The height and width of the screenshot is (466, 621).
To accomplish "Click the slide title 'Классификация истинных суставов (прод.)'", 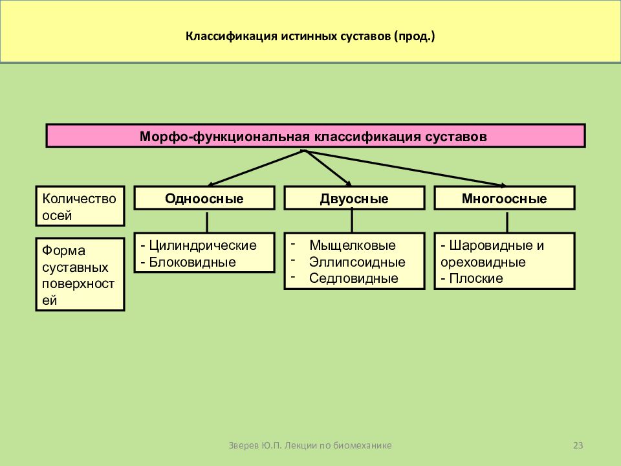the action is click(x=310, y=36).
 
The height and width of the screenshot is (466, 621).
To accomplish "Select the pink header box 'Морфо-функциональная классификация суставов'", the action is click(x=316, y=136).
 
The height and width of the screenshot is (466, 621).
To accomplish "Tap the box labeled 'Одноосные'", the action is click(x=204, y=198).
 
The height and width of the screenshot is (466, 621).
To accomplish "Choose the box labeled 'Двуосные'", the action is click(x=354, y=198).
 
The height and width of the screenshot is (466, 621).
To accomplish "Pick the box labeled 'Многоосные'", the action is click(x=505, y=198).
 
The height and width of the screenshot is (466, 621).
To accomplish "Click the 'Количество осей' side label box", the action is click(x=80, y=206).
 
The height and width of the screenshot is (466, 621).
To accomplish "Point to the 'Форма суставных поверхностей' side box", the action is click(x=80, y=274).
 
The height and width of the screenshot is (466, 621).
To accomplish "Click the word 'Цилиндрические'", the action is click(x=202, y=245).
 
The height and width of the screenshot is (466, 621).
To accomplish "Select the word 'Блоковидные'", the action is click(x=193, y=262).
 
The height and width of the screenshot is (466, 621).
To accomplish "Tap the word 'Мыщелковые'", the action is click(x=353, y=245).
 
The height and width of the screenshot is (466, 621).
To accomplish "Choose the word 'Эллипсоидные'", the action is click(x=357, y=262).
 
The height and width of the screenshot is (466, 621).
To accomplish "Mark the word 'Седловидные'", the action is click(x=354, y=278).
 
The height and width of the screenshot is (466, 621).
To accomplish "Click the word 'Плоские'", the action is click(x=476, y=278).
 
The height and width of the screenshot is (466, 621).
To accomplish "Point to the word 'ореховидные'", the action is click(x=483, y=262).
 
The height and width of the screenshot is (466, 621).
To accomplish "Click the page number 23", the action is click(x=578, y=445).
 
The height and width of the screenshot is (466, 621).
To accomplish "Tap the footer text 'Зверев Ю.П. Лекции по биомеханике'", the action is click(x=310, y=445).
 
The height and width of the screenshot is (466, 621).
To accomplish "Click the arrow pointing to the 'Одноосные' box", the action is click(x=256, y=168).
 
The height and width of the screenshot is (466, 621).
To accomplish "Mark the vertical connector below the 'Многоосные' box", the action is click(x=507, y=222).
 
